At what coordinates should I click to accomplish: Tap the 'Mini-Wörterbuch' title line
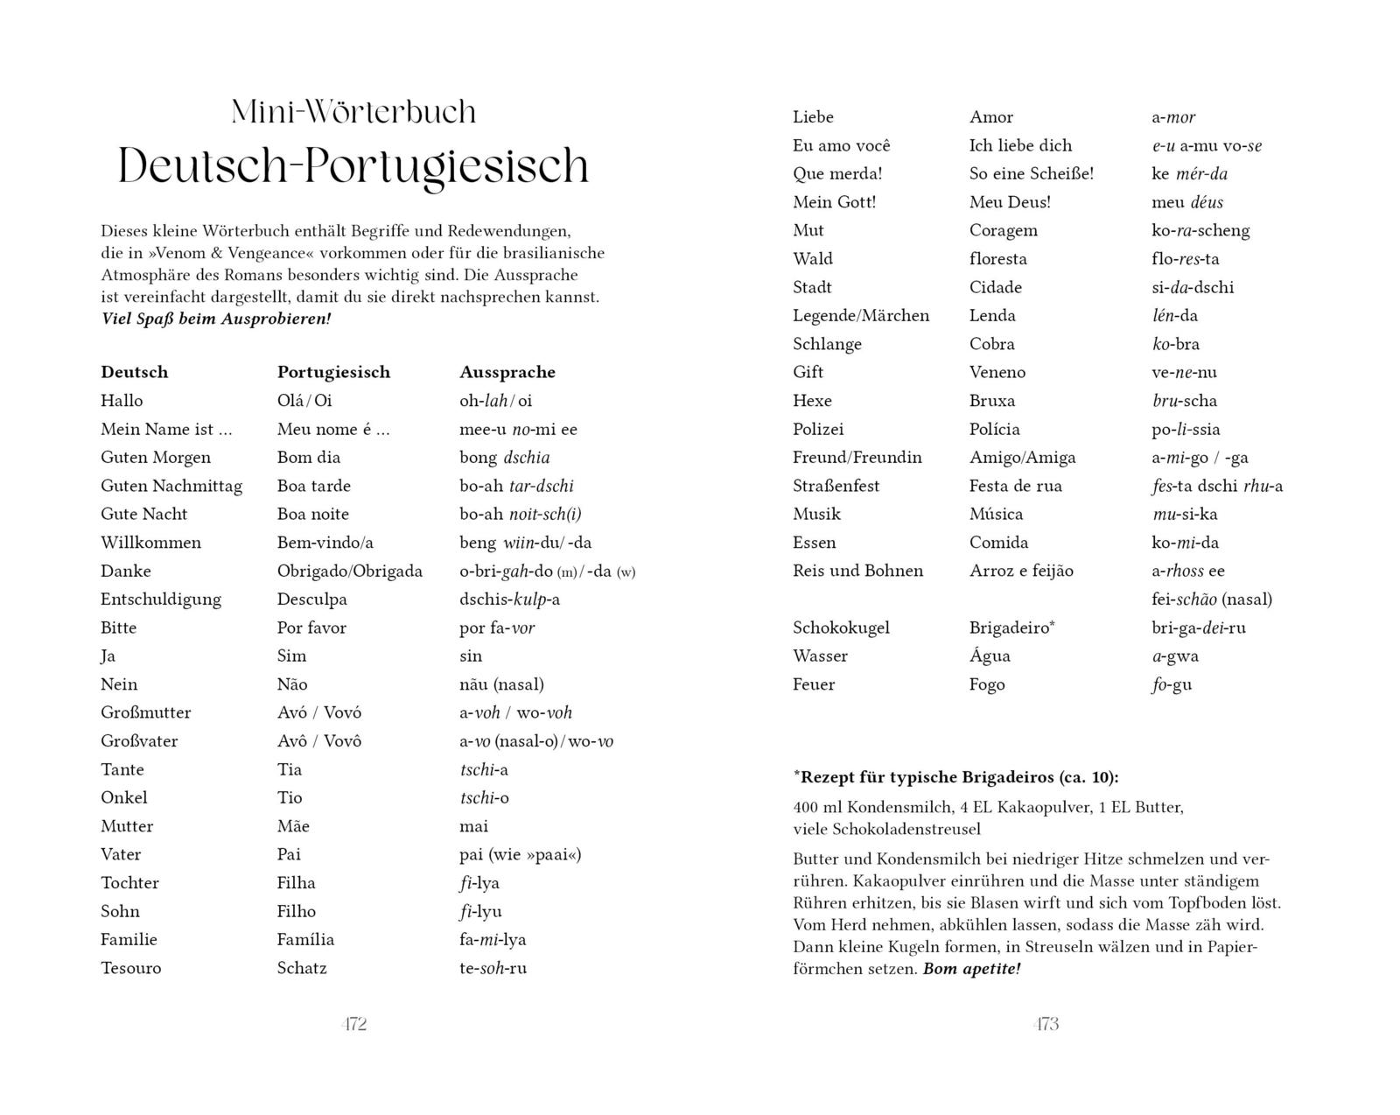(x=353, y=112)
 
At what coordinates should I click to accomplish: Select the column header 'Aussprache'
(x=507, y=372)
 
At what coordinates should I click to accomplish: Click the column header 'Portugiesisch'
(x=333, y=372)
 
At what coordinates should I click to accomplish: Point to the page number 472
(x=353, y=1024)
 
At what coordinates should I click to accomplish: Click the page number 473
(x=1046, y=1024)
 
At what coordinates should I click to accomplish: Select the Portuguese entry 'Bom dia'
(x=309, y=457)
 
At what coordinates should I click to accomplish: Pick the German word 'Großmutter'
(x=145, y=712)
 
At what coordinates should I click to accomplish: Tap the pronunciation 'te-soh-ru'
(x=493, y=968)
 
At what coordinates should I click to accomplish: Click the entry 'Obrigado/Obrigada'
(x=349, y=571)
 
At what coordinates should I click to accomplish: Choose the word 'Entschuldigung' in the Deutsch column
(x=161, y=600)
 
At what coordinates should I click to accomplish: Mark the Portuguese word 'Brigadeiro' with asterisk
(x=1011, y=628)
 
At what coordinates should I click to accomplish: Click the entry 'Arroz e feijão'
(x=1021, y=571)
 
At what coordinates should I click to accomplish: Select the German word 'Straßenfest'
(x=836, y=486)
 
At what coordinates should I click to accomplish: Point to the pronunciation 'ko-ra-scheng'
(x=1200, y=230)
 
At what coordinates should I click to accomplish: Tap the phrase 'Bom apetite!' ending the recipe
(x=971, y=969)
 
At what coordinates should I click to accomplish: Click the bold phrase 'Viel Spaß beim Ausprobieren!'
(x=216, y=319)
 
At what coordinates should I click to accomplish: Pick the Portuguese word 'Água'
(x=990, y=656)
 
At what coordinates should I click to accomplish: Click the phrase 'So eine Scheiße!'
(x=1032, y=173)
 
